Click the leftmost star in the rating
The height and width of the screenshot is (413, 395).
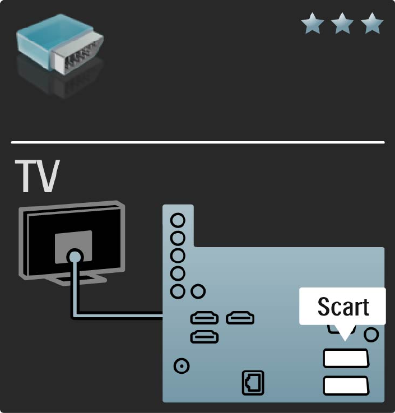point(312,25)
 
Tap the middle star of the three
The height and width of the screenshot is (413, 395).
point(342,25)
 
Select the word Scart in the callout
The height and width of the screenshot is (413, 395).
point(343,307)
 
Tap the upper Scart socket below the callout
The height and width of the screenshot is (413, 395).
point(346,358)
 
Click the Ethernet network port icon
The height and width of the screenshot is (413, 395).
point(252,383)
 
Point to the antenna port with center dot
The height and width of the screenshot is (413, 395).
point(182,366)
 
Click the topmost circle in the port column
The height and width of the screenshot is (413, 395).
point(178,220)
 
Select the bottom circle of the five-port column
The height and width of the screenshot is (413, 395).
point(178,291)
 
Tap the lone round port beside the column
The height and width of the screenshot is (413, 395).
point(197,291)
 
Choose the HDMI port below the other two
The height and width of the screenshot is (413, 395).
point(204,337)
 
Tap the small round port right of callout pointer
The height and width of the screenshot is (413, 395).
point(371,335)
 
